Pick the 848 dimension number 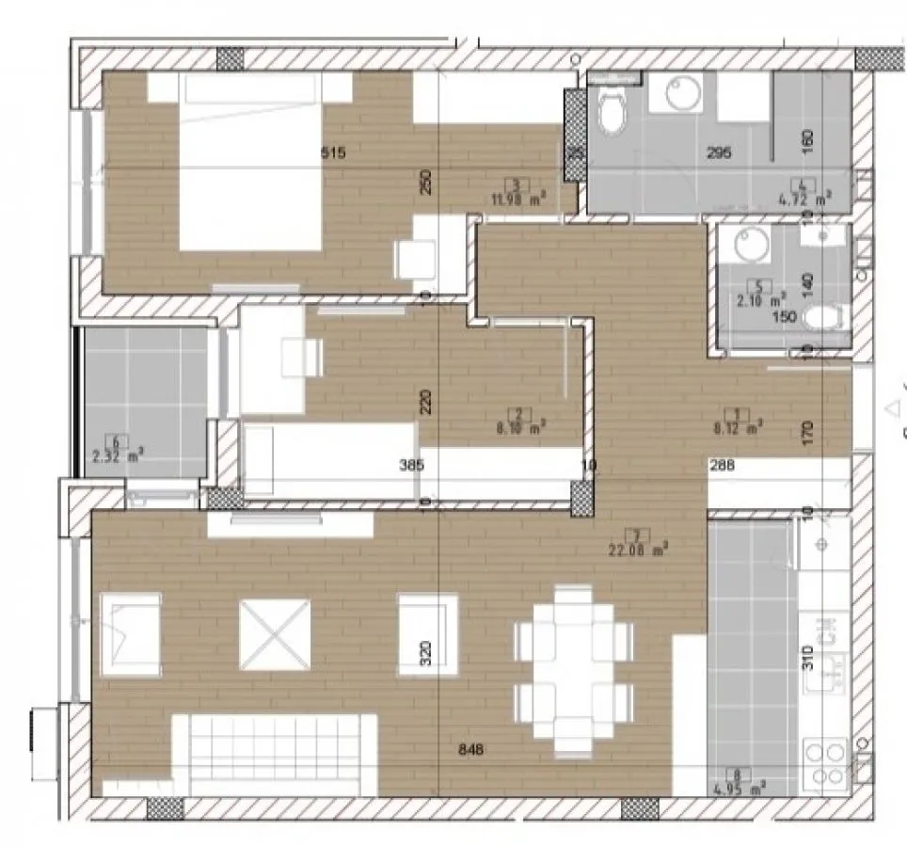click(474, 749)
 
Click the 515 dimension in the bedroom click(334, 152)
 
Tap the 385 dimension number click(411, 464)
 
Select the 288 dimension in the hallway click(722, 464)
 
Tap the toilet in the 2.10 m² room click(826, 317)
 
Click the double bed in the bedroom click(250, 165)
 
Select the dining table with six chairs click(573, 671)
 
